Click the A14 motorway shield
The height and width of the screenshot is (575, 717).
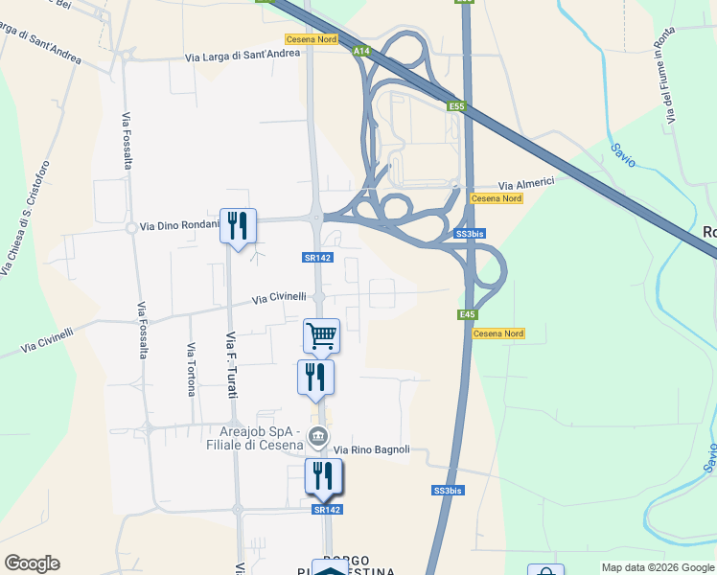coord(360,51)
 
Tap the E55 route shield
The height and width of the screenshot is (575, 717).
coord(456,107)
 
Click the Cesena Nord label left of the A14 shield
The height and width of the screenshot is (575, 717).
coord(311,39)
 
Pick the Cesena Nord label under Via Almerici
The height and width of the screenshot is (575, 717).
coord(497,198)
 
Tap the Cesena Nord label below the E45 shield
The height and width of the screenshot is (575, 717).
coord(498,333)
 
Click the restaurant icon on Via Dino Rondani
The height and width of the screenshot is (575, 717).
coord(238,226)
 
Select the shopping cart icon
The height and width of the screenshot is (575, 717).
coord(321,335)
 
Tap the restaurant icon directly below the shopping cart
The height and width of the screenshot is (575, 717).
coord(315,377)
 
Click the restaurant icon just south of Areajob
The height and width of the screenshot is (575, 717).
coord(324,475)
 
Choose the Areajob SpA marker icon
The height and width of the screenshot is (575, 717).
coord(318,442)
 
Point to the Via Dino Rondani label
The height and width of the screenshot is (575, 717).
coord(179,227)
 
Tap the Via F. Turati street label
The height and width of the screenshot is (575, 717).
coord(231,364)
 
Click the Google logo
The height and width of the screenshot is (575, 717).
coord(32,563)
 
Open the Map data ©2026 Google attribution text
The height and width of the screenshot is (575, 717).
coord(658,567)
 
